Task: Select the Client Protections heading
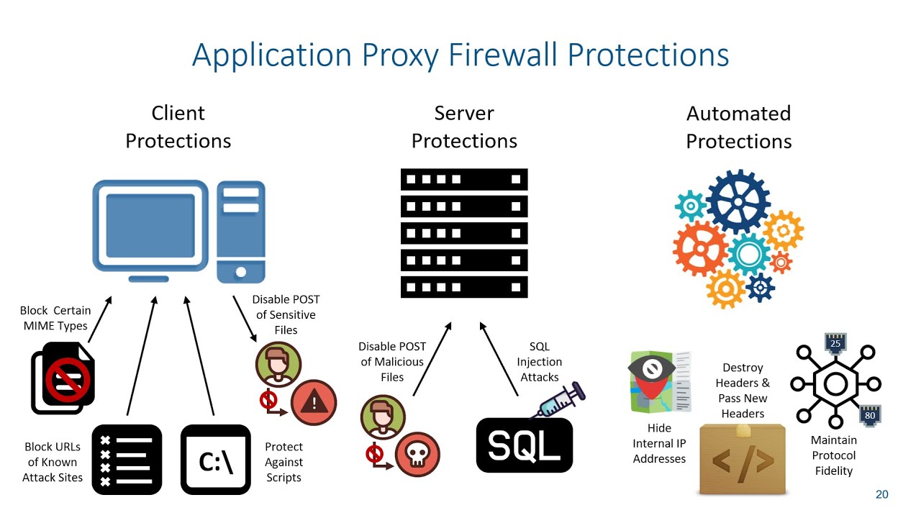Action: (x=178, y=127)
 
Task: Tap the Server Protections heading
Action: (x=464, y=127)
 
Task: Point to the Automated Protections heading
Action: (x=738, y=127)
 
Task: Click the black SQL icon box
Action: (x=524, y=445)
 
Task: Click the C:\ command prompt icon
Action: (x=215, y=460)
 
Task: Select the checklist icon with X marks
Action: (x=127, y=460)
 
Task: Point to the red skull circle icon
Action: (x=417, y=454)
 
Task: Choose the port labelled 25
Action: (x=835, y=342)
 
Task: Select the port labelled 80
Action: (x=870, y=414)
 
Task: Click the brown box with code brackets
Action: (x=743, y=459)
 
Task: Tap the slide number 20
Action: (x=881, y=494)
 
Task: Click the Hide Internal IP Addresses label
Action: (x=659, y=443)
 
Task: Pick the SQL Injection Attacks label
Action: (x=540, y=362)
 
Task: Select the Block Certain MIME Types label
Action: (x=55, y=318)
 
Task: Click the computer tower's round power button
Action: (x=240, y=272)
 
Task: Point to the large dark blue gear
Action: (x=738, y=201)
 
